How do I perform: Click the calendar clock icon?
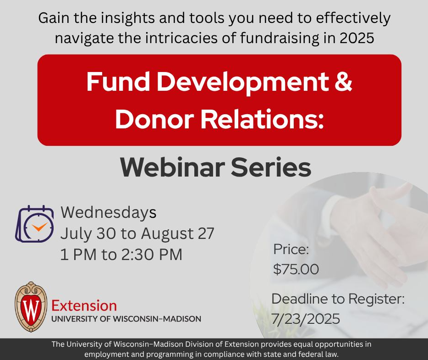point(35,224)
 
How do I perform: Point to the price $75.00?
point(296,269)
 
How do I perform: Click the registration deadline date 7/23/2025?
point(306,318)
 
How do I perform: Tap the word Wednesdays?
point(109,213)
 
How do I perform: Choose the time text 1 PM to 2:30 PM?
point(121,255)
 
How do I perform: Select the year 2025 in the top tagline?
point(357,39)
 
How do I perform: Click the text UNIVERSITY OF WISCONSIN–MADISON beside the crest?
point(126,319)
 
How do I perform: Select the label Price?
point(291,250)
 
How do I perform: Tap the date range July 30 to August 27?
point(137,234)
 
